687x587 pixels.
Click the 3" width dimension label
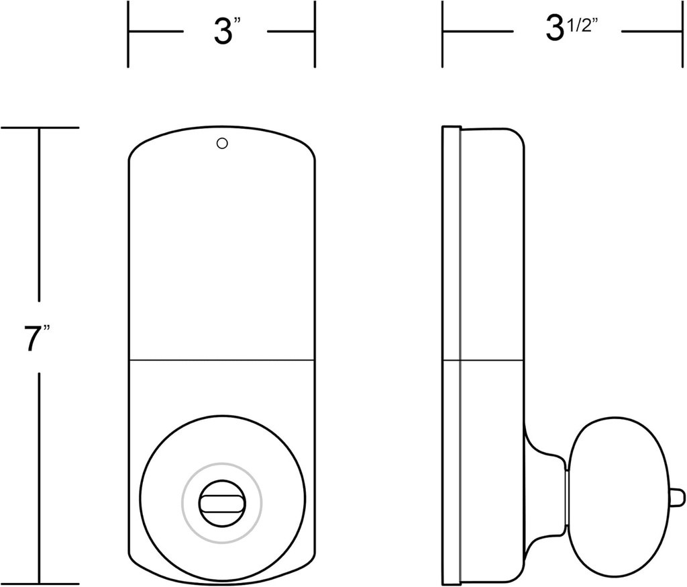[x=226, y=32]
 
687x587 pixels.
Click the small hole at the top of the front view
[x=223, y=143]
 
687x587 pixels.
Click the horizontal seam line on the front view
[x=221, y=361]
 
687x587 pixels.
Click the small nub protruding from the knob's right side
[x=677, y=498]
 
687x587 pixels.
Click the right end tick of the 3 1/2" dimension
[x=683, y=32]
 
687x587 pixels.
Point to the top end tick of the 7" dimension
[x=40, y=128]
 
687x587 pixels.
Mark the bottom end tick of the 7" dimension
[x=40, y=584]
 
